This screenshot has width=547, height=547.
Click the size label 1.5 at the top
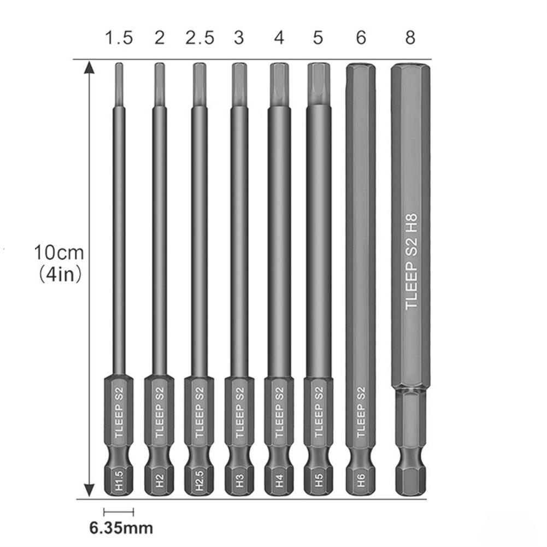tap(119, 37)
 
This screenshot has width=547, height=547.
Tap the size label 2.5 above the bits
tap(199, 37)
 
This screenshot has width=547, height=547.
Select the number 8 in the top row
tap(410, 37)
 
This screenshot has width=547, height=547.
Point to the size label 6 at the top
tap(361, 37)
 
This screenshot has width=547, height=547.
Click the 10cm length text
tap(59, 252)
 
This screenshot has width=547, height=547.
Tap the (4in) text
tap(60, 274)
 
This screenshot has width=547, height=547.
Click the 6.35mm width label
tap(121, 528)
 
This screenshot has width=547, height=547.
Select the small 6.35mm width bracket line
tap(119, 512)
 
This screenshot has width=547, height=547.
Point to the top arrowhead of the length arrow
tap(90, 67)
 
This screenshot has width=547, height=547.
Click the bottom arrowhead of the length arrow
tap(90, 490)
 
